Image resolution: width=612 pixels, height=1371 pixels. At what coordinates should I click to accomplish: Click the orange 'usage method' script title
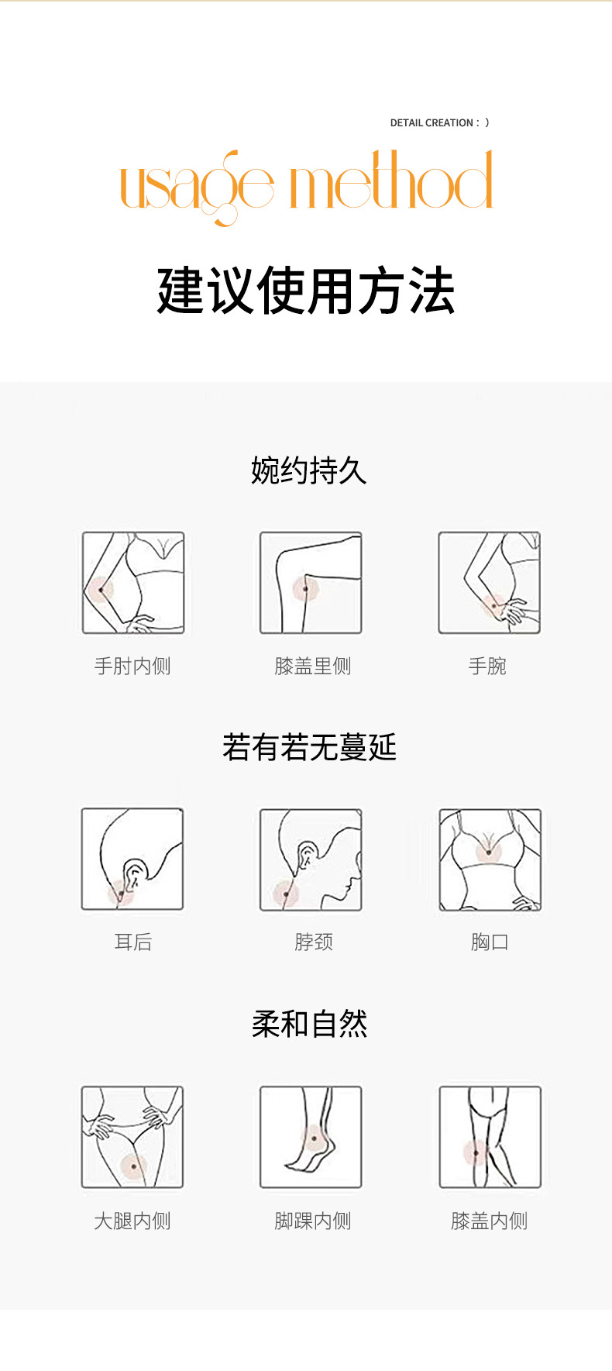(x=306, y=184)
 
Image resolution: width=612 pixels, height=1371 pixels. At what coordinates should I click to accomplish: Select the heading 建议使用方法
(x=305, y=291)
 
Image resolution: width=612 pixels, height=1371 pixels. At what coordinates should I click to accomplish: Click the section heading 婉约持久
(x=308, y=470)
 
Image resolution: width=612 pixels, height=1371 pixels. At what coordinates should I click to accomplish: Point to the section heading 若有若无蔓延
(x=309, y=747)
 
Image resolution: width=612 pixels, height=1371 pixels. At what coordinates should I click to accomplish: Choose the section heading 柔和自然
(x=309, y=1024)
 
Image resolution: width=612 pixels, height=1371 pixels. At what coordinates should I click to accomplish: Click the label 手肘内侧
(x=132, y=666)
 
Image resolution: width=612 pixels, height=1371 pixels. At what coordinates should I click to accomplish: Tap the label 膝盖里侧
(x=312, y=666)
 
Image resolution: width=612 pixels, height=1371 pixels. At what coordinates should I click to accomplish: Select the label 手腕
(x=487, y=666)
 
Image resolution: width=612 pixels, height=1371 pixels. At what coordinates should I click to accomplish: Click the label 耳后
(x=133, y=942)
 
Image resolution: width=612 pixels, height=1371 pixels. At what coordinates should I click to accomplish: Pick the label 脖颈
(x=314, y=942)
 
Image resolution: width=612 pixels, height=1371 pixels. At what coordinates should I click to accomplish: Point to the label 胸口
(x=490, y=942)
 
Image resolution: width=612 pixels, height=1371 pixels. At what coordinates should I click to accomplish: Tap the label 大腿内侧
(x=132, y=1221)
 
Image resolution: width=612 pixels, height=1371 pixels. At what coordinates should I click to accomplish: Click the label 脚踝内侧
(x=312, y=1221)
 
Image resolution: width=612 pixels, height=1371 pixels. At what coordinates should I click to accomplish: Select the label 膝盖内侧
(x=489, y=1221)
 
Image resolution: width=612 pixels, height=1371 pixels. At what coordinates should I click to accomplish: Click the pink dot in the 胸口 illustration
(x=488, y=852)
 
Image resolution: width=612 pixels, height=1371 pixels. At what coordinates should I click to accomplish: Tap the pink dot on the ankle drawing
(x=314, y=1139)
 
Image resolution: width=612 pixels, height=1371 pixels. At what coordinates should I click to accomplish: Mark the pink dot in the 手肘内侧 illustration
(x=100, y=591)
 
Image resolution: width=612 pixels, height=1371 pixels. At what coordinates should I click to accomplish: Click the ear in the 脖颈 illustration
(x=308, y=856)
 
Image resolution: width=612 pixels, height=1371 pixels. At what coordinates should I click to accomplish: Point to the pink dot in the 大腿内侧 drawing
(x=134, y=1166)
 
